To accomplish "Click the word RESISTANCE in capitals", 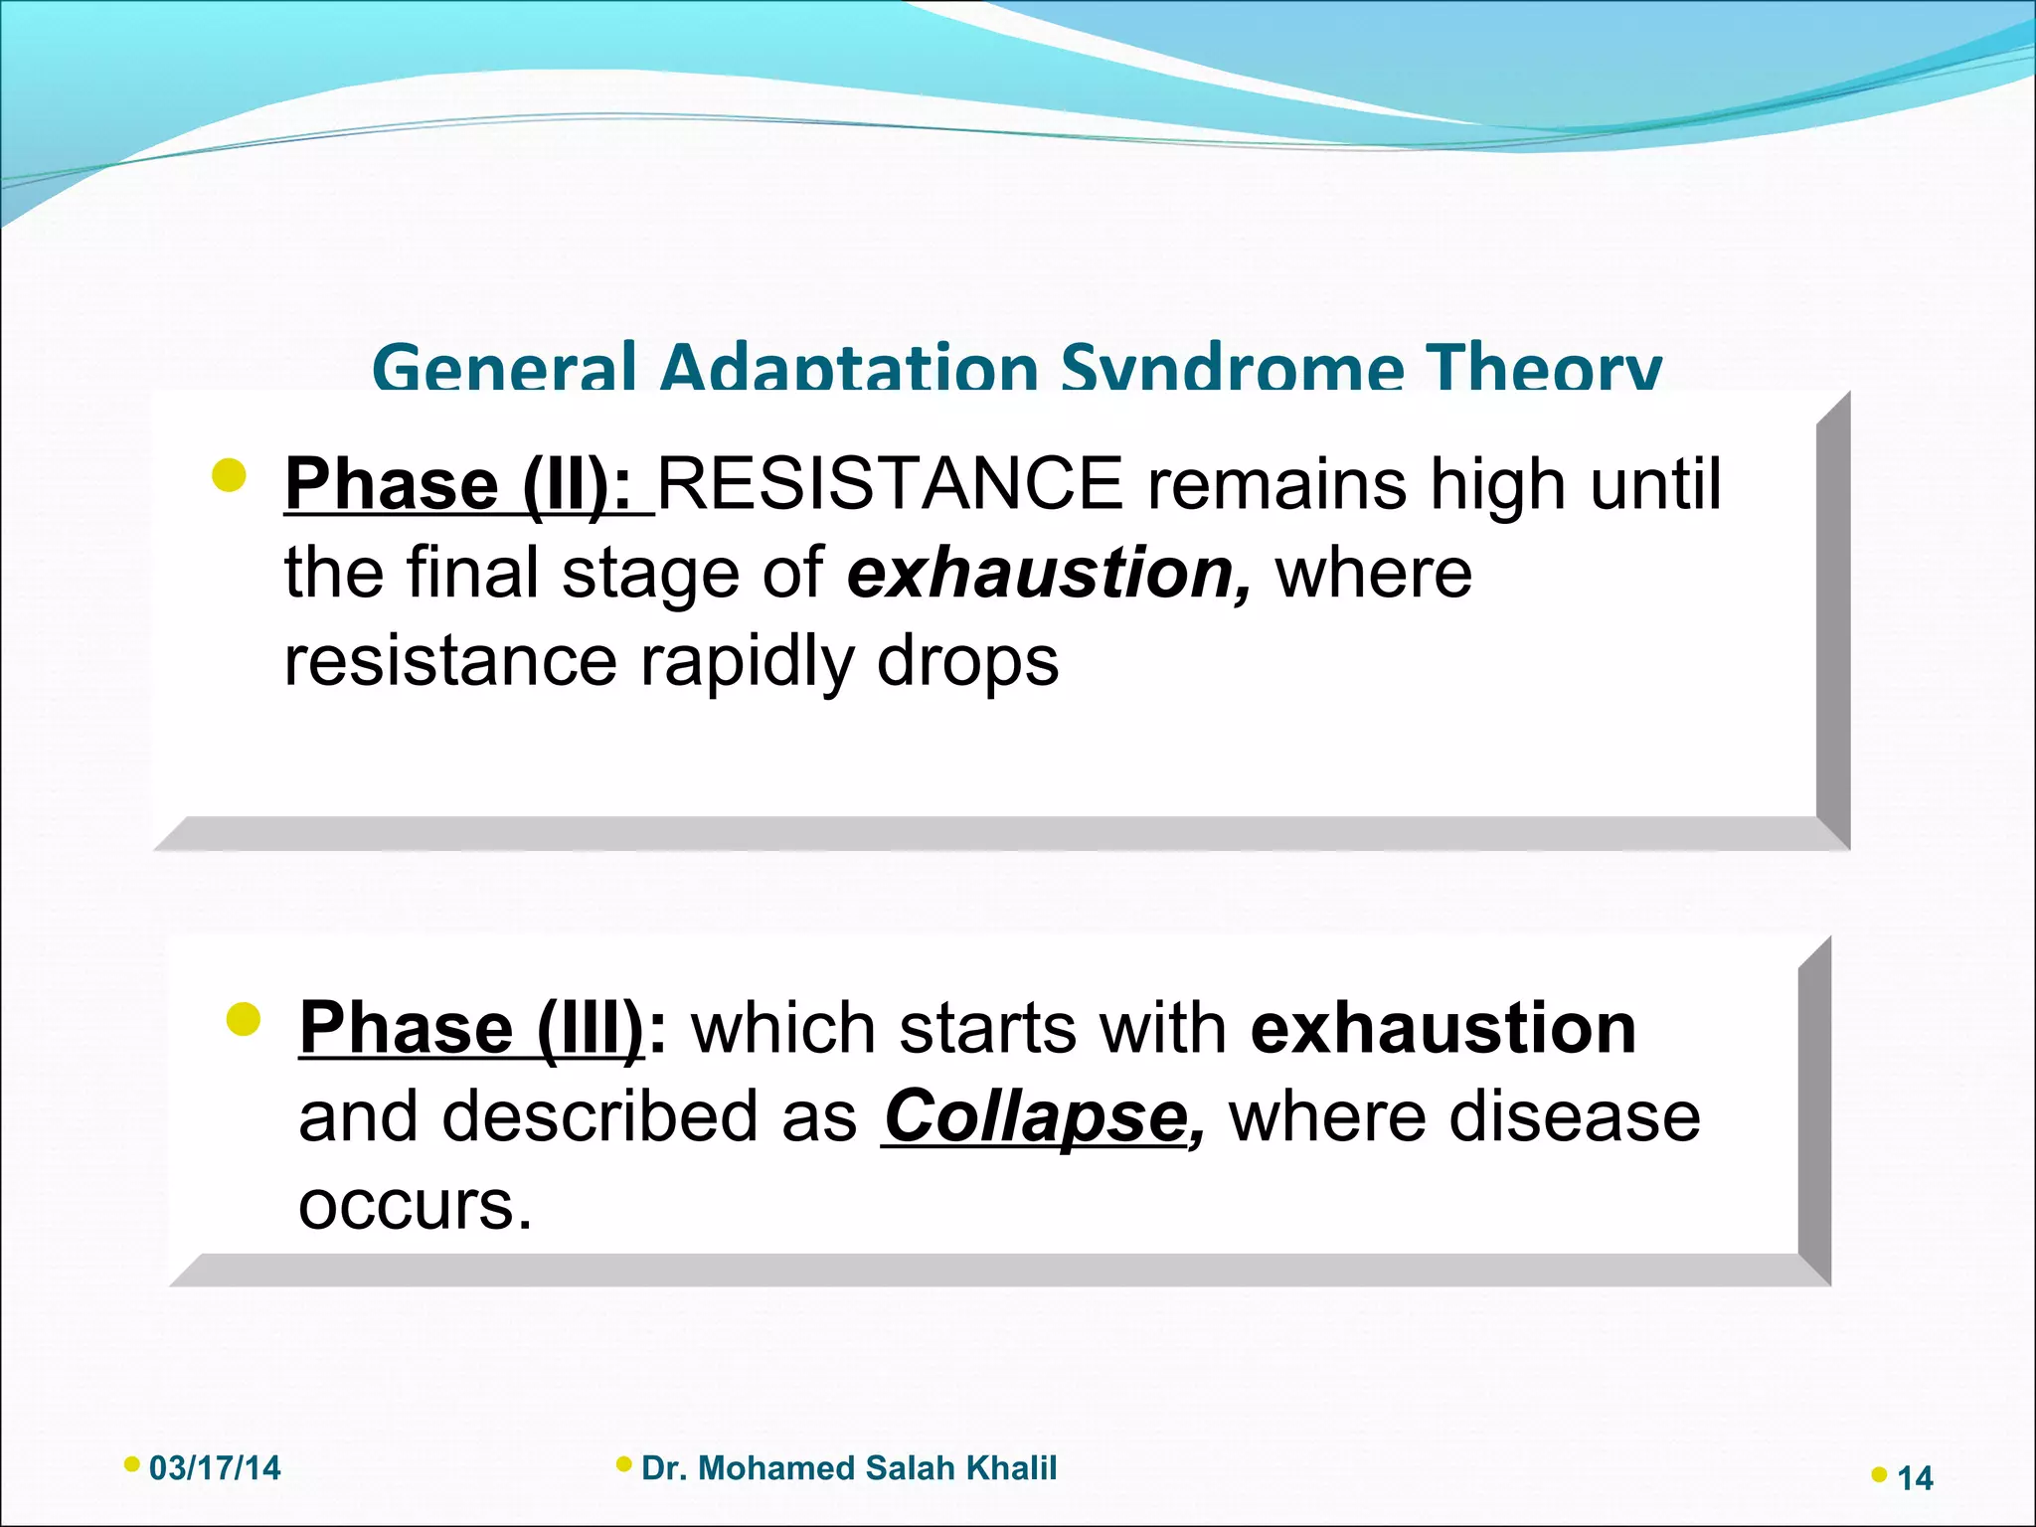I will (x=890, y=484).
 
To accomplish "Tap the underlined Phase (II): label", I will (x=457, y=484).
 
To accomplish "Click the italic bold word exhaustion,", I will (x=1049, y=574).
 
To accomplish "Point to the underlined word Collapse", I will (x=1034, y=1116).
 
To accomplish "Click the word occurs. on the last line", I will (x=416, y=1205).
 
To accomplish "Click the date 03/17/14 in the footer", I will (x=215, y=1468).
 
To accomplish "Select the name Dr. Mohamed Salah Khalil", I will (x=849, y=1468).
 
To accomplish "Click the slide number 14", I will (x=1915, y=1478).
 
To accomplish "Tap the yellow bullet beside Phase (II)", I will (x=229, y=475).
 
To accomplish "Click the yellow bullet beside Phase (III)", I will (x=243, y=1019).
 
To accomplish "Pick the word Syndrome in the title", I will (x=1233, y=367).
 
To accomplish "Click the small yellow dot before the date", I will (x=131, y=1464).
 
